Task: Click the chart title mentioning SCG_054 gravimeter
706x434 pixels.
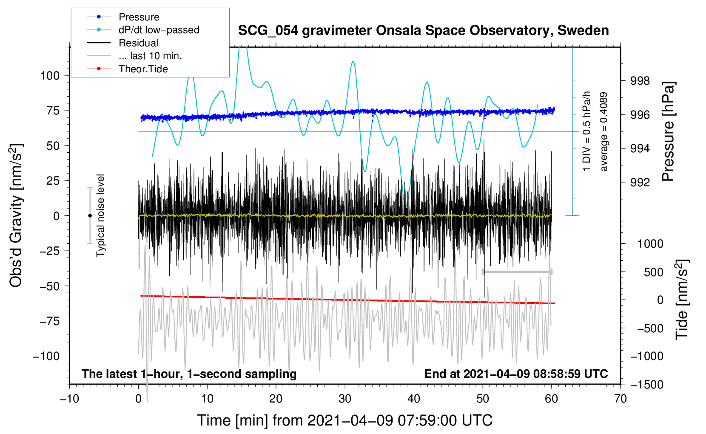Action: (423, 31)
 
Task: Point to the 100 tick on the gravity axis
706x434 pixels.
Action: (50, 76)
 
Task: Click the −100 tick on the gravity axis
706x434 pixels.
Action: (46, 356)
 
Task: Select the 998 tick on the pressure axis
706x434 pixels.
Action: (640, 81)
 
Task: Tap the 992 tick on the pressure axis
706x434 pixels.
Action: (640, 182)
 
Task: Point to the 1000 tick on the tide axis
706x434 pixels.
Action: (650, 244)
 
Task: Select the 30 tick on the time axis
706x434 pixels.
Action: (344, 399)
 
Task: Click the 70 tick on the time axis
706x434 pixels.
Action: (620, 399)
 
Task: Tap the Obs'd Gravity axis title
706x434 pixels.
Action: (16, 215)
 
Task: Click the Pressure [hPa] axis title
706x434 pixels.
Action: (668, 131)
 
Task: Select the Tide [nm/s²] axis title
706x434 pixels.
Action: (682, 300)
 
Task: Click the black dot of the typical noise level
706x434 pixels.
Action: (90, 216)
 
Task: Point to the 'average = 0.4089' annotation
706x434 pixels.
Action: (603, 132)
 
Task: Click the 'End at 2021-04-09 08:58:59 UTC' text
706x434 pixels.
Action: (516, 374)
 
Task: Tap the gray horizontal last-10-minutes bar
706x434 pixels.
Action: (517, 271)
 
